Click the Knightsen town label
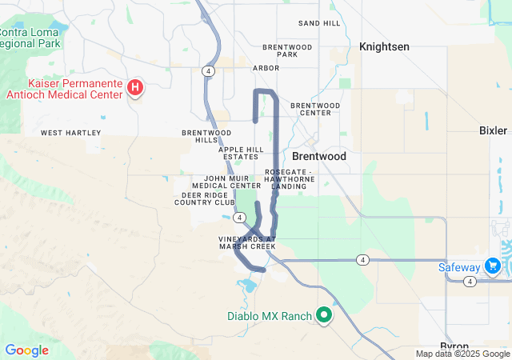coord(384,47)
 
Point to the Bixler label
coord(493,130)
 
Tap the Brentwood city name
coord(319,157)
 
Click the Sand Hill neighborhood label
coord(319,23)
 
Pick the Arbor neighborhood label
coord(266,69)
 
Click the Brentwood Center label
coord(315,109)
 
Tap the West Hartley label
coord(71,133)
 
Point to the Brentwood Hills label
coord(206,136)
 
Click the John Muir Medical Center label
coord(232,182)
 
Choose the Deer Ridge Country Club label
coord(205,198)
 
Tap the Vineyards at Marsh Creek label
coord(247,242)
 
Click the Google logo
coord(26,350)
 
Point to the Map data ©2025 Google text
coord(462,354)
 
